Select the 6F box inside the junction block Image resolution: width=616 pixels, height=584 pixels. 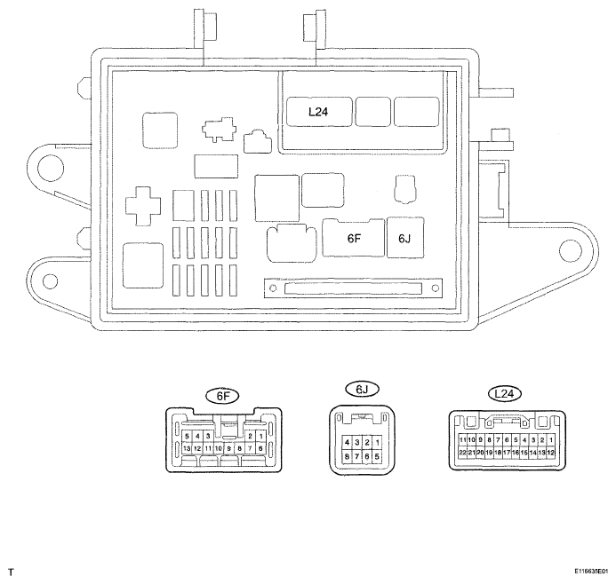coord(355,238)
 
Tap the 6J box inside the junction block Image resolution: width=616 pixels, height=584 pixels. coord(405,238)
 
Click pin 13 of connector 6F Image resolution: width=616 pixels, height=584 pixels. coord(186,448)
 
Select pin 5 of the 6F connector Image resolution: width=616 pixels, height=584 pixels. coord(186,436)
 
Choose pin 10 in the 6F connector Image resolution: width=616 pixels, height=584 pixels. coord(218,448)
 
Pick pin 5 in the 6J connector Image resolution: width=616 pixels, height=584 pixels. coord(377,456)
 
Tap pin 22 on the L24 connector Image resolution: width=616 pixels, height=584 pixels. coord(463,452)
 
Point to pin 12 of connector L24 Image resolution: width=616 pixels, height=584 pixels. coord(551,452)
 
